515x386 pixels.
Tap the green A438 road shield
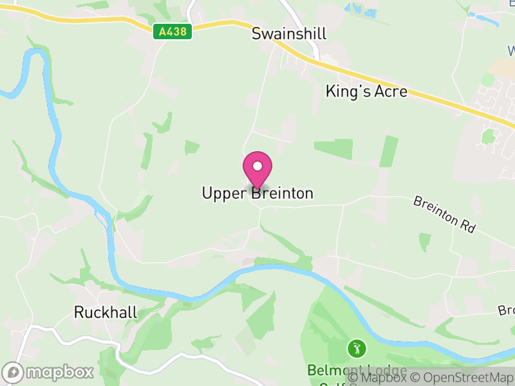click(x=173, y=32)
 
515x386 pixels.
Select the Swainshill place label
click(x=289, y=33)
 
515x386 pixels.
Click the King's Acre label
click(x=366, y=91)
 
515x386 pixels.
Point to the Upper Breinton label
click(x=257, y=193)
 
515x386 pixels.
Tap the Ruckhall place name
click(x=106, y=313)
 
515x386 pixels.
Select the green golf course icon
click(x=356, y=349)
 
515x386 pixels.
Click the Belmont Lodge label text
click(x=357, y=371)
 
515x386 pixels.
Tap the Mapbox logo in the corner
click(x=48, y=372)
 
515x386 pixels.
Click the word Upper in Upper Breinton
click(x=223, y=193)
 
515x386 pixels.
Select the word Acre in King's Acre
click(x=391, y=91)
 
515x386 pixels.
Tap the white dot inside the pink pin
click(x=257, y=166)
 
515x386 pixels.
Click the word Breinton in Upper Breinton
click(x=281, y=193)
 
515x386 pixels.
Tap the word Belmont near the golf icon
click(x=332, y=371)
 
